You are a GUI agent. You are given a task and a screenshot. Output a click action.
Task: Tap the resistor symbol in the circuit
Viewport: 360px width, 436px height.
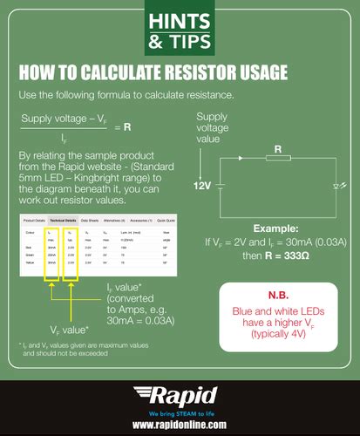coord(278,160)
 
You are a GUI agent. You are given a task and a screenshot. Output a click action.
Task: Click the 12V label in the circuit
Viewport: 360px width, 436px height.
coord(202,187)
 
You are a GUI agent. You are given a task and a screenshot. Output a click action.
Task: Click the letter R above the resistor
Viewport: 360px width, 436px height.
coord(278,149)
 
